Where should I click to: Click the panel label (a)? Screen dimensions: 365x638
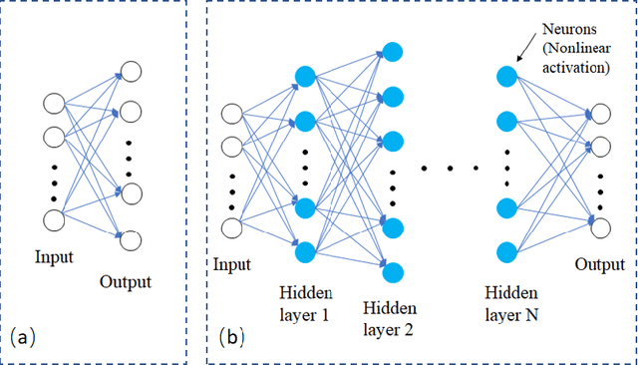click(x=22, y=337)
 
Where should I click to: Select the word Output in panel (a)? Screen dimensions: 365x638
click(x=125, y=281)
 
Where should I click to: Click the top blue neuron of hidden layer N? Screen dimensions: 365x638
click(x=506, y=76)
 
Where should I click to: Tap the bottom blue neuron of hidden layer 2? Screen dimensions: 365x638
click(x=393, y=271)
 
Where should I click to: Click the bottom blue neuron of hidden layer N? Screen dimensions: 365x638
click(x=506, y=249)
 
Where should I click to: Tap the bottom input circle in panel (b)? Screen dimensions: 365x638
click(x=231, y=229)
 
